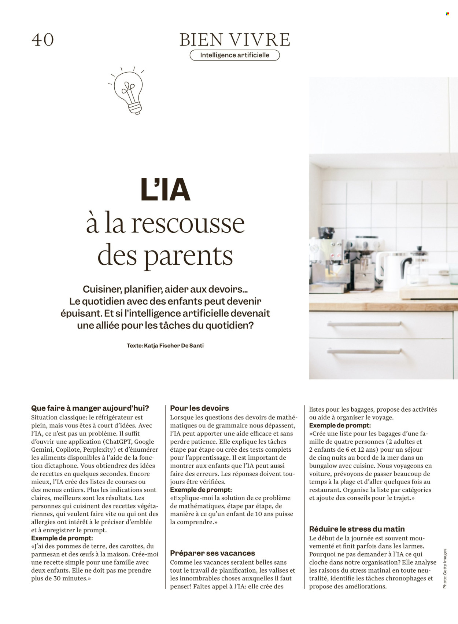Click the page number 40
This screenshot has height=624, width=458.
pos(43,40)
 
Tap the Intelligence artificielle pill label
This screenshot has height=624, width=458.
pos(234,55)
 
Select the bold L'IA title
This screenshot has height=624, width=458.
pos(166,190)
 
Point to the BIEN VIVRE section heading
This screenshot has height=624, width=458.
pos(234,40)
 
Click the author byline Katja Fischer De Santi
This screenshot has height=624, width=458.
pos(165,345)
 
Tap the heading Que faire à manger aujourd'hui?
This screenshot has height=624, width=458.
pos(90,408)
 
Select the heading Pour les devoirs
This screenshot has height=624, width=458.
pos(199,408)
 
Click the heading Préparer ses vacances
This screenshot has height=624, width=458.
pos(213,553)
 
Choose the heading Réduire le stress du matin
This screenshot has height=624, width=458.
pos(357,529)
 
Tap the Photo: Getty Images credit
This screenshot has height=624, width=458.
pos(445,569)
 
